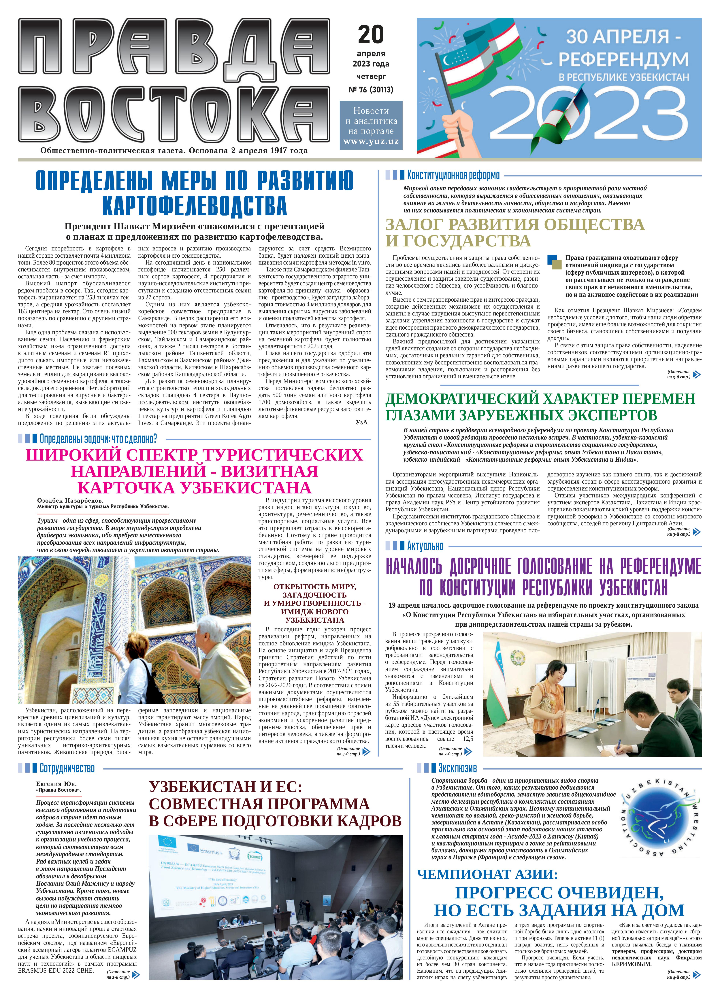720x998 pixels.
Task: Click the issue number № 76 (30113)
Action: point(371,90)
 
